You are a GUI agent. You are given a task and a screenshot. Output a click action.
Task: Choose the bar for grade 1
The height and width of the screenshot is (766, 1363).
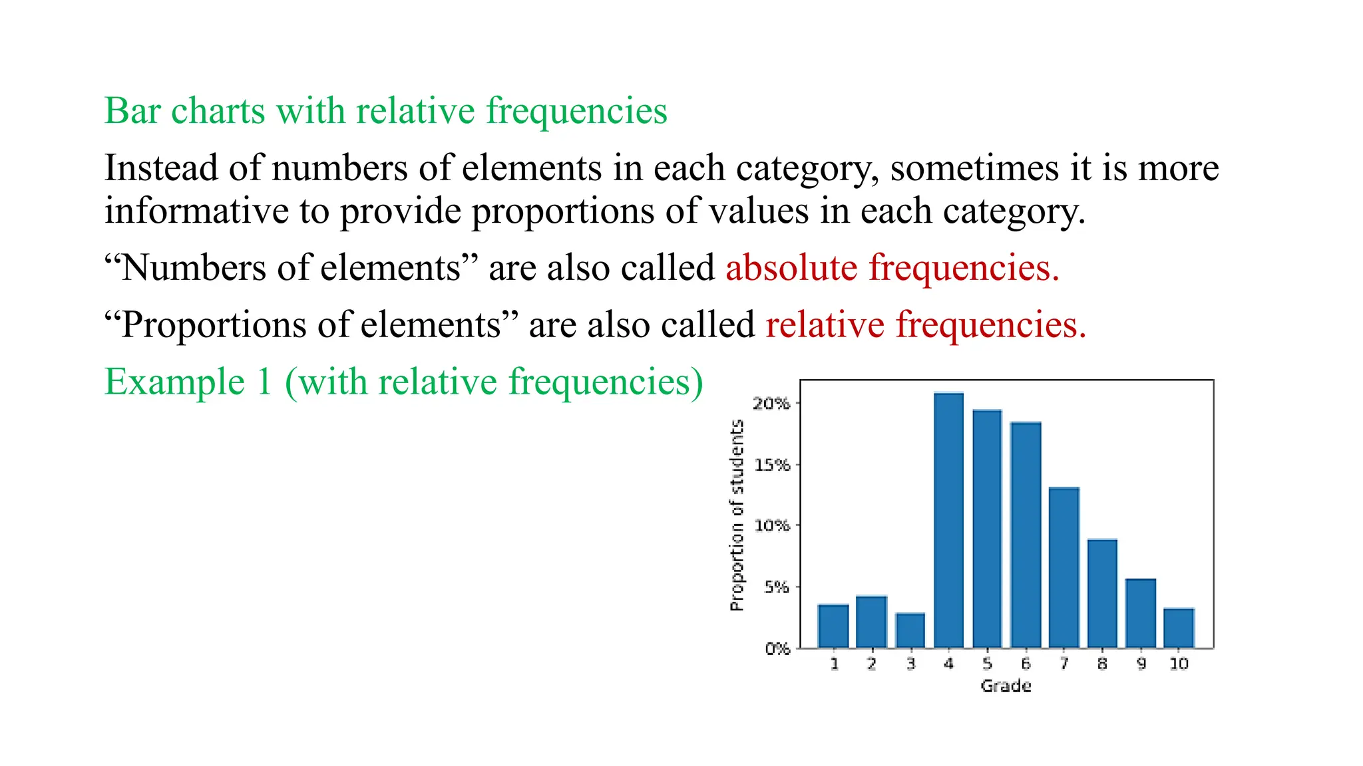tap(833, 625)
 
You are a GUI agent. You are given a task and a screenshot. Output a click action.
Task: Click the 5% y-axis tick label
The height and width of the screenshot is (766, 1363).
tap(776, 587)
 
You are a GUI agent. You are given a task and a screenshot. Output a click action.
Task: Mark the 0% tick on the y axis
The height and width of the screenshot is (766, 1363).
tap(777, 648)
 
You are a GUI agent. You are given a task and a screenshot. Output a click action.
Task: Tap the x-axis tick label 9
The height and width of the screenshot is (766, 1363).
tap(1141, 664)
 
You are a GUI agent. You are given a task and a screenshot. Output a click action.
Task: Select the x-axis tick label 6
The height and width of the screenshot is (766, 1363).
tap(1026, 664)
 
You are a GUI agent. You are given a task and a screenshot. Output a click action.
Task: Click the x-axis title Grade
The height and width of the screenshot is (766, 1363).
tap(1006, 686)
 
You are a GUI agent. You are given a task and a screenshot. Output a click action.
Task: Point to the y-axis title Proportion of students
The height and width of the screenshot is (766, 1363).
tap(736, 515)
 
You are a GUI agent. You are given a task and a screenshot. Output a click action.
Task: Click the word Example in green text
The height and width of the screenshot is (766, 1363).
tap(175, 382)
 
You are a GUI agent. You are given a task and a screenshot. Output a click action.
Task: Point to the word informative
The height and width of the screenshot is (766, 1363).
tap(196, 211)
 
